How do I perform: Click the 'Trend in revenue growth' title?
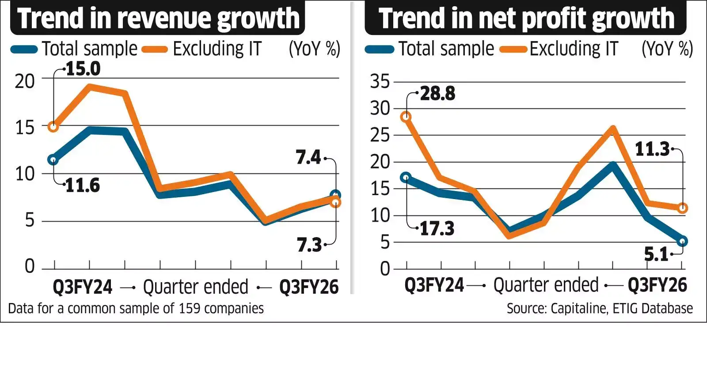(x=158, y=18)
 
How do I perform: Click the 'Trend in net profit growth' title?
(x=526, y=18)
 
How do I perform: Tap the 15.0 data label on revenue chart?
(x=83, y=69)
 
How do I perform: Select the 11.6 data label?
(x=82, y=185)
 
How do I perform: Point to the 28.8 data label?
(x=437, y=93)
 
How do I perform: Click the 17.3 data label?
(x=437, y=228)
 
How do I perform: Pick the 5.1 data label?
(x=656, y=254)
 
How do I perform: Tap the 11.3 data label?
(x=652, y=149)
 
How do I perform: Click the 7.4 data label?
(x=308, y=157)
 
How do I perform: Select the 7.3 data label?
(x=309, y=245)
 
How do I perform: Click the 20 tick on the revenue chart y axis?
(x=25, y=81)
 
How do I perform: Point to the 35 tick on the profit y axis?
(x=380, y=81)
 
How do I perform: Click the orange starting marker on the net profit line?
(x=406, y=117)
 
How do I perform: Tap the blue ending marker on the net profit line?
(x=682, y=241)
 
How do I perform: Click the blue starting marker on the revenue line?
(x=53, y=160)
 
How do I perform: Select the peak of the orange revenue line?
(x=90, y=87)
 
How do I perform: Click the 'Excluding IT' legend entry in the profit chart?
(x=574, y=49)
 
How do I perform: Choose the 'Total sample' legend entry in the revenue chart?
(x=90, y=49)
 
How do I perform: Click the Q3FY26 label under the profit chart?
(x=657, y=285)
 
